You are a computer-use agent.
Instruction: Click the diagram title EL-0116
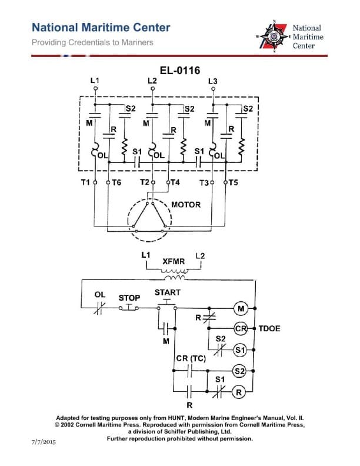(180, 71)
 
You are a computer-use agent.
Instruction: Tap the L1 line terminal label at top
(95, 80)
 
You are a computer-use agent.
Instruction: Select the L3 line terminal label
(213, 81)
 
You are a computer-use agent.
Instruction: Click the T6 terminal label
(116, 182)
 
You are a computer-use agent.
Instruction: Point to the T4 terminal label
(175, 182)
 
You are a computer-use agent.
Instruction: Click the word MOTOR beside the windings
(186, 205)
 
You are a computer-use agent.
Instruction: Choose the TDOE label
(269, 328)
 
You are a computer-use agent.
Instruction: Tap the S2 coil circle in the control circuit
(240, 371)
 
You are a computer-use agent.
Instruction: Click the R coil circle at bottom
(240, 392)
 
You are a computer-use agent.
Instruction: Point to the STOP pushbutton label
(129, 298)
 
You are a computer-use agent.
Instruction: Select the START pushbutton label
(168, 292)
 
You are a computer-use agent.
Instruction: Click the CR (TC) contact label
(191, 359)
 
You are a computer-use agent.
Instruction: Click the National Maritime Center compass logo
(273, 36)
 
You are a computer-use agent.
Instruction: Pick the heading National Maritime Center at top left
(101, 28)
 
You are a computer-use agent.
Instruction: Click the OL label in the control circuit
(100, 295)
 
